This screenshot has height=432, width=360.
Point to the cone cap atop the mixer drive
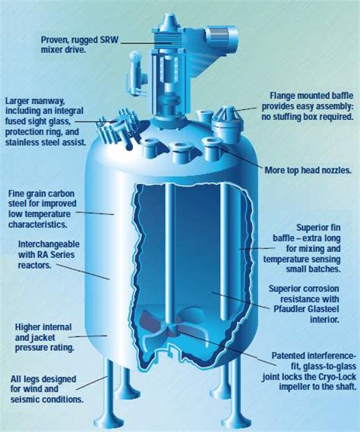click(168, 20)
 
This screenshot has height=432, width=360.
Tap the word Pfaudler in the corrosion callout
click(289, 309)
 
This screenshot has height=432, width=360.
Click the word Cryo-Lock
click(337, 377)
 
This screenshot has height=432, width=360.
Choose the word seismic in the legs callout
click(25, 399)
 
